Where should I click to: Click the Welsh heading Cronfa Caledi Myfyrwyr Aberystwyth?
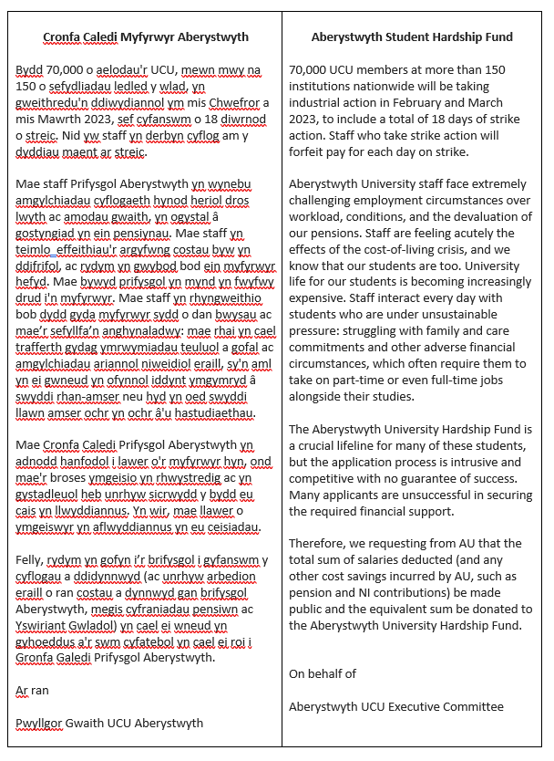(146, 37)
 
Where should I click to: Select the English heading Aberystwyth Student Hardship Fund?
(412, 37)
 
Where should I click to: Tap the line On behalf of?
(322, 674)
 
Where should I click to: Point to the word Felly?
(32, 559)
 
